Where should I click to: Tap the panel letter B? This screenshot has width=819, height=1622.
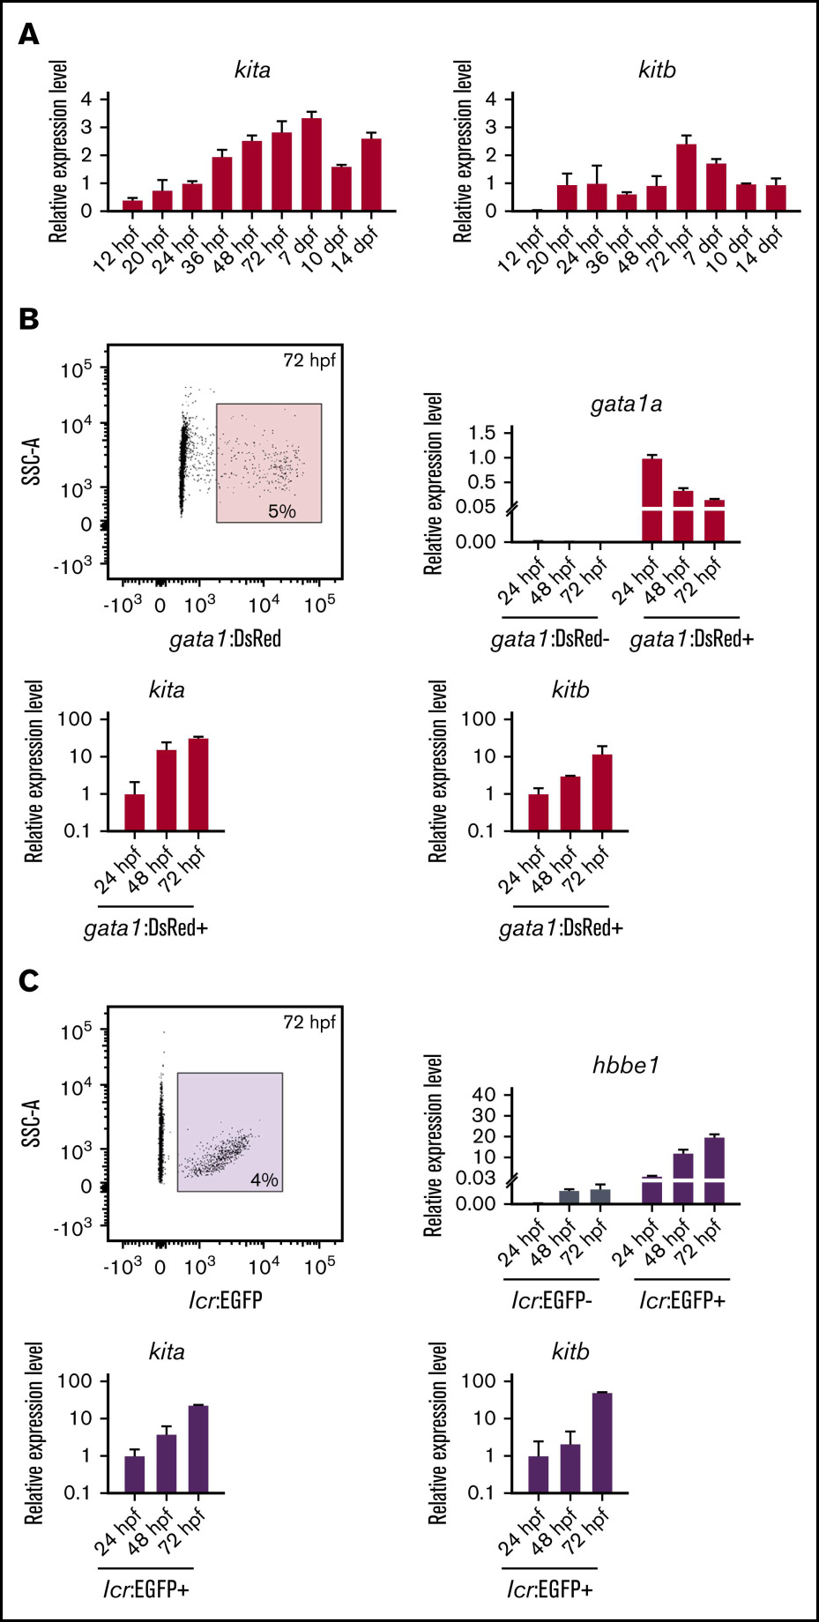click(29, 319)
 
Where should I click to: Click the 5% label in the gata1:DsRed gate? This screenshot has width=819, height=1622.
click(282, 511)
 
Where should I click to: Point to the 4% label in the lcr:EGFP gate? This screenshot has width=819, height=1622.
click(264, 1179)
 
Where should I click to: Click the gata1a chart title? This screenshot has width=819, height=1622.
click(626, 405)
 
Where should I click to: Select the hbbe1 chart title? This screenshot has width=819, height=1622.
click(626, 1066)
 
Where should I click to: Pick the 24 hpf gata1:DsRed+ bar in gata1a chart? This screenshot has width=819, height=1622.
click(652, 499)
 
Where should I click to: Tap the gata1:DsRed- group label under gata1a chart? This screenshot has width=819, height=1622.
click(550, 639)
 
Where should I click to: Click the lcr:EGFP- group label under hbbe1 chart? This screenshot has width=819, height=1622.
click(552, 1300)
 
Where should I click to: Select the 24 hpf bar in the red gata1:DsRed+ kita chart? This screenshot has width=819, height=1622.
click(135, 812)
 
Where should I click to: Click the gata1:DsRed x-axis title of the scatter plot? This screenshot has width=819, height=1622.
click(225, 638)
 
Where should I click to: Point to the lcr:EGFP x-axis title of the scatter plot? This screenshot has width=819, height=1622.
click(225, 1299)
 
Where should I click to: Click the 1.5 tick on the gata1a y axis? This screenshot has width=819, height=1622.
click(482, 433)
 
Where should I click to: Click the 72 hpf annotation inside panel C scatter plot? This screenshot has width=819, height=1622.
click(309, 1023)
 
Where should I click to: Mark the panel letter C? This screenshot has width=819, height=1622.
click(29, 981)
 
